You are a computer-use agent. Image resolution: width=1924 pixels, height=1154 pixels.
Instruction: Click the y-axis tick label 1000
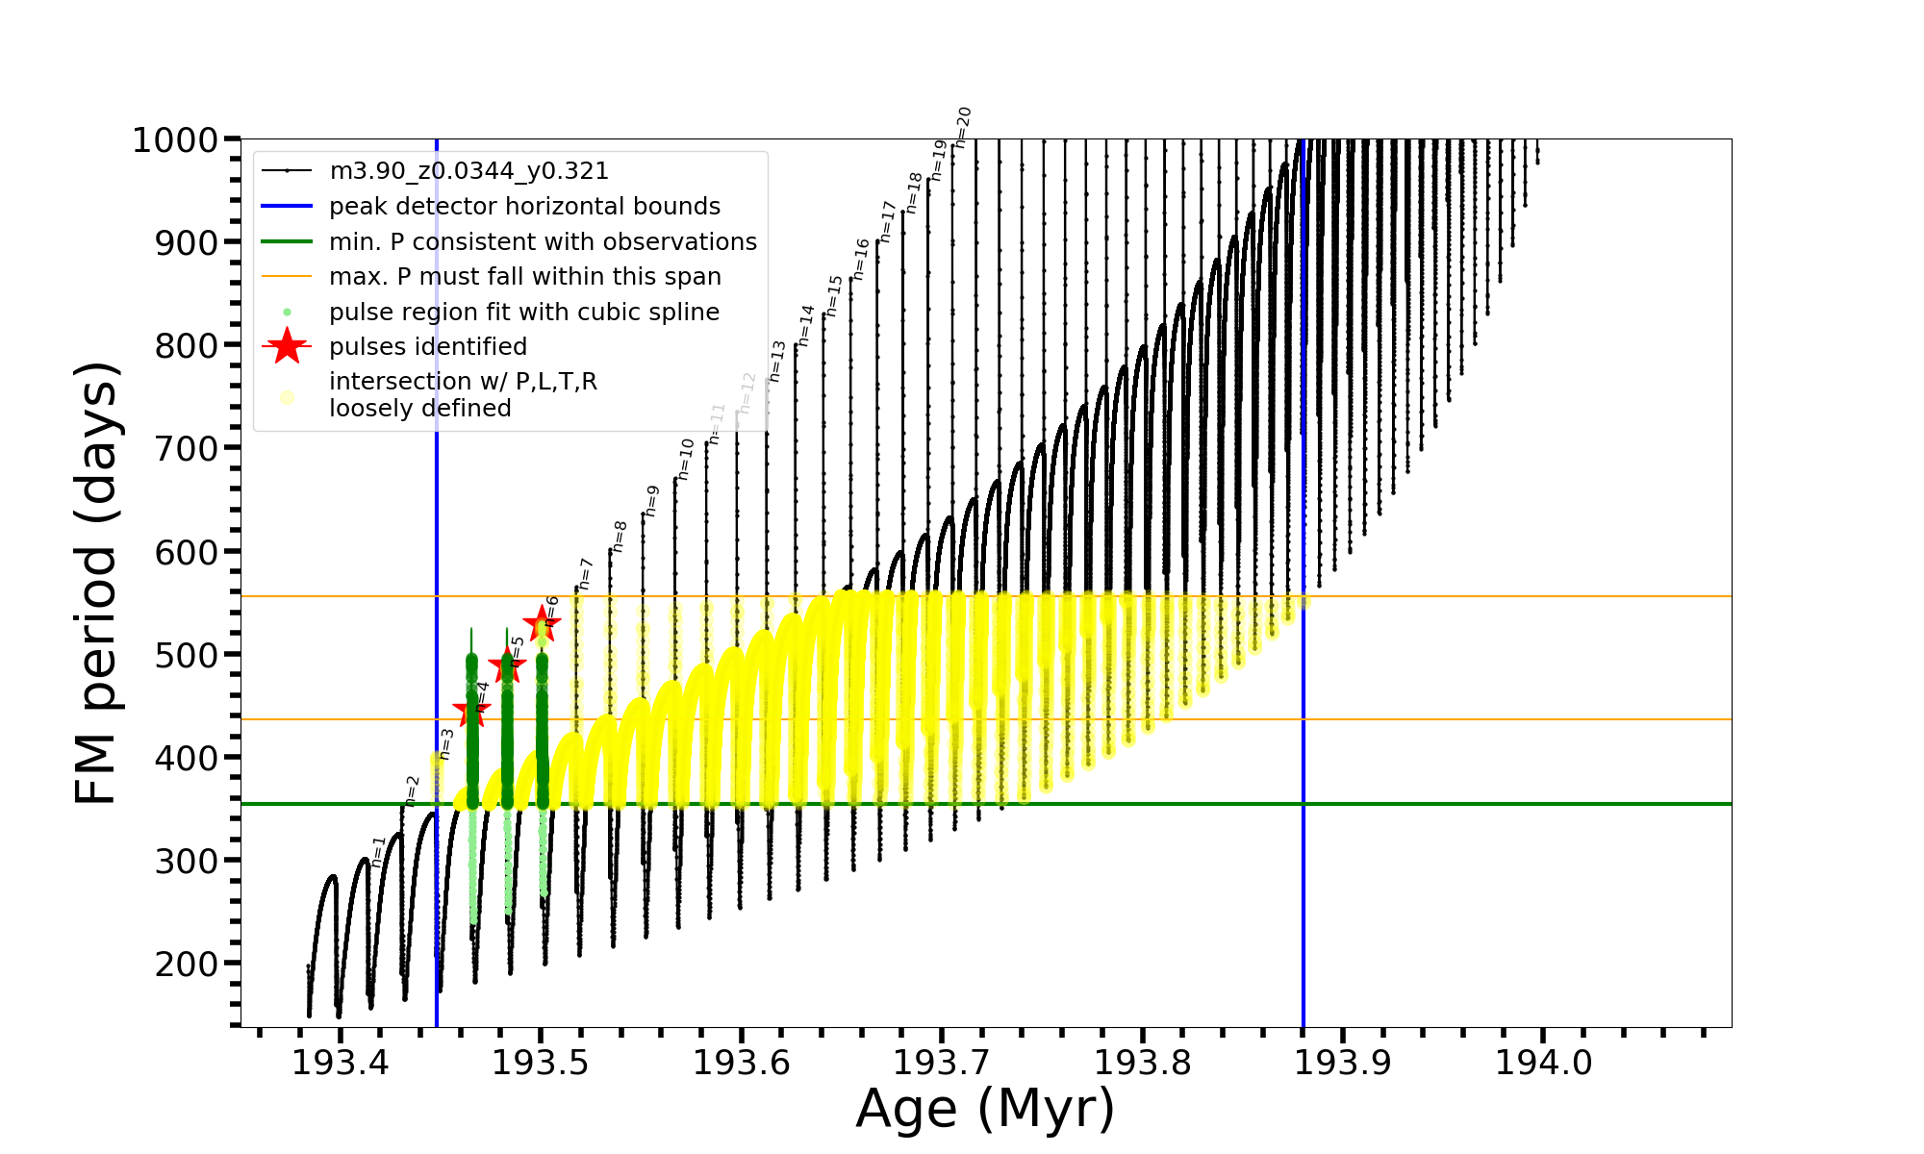tap(175, 140)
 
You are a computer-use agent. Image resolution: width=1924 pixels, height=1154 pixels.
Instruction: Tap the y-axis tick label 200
tap(189, 964)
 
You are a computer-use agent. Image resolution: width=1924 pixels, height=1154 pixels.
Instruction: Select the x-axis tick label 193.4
tap(340, 1063)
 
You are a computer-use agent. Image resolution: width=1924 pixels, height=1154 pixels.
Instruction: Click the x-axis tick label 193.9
tap(1343, 1063)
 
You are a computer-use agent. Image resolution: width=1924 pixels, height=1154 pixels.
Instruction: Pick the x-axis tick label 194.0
tap(1543, 1063)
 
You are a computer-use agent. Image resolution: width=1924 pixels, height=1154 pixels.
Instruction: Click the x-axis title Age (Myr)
tap(985, 1109)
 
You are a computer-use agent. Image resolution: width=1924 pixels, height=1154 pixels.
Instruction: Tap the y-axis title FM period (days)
tap(96, 583)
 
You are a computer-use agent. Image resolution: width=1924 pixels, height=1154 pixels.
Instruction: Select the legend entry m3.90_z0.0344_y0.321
tap(468, 171)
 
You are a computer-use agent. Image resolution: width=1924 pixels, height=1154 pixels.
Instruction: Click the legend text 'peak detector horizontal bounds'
tap(524, 207)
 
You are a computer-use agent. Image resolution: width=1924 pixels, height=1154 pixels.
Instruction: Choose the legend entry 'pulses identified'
tap(428, 347)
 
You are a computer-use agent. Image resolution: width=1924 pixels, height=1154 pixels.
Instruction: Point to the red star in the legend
tap(287, 346)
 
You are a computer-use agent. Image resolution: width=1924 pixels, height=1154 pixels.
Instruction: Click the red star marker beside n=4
tap(471, 712)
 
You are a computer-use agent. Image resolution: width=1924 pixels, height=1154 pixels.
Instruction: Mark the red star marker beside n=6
tap(542, 623)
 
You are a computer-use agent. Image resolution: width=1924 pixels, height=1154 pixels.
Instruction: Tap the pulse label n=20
tap(963, 127)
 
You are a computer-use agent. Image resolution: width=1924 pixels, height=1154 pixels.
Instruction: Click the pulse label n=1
tap(378, 851)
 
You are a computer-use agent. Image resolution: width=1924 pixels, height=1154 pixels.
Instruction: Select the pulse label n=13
tap(777, 362)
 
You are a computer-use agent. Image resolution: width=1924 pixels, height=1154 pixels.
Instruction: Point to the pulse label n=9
tap(651, 501)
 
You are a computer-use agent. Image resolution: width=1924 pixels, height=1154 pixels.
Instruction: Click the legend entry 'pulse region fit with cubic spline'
tap(524, 313)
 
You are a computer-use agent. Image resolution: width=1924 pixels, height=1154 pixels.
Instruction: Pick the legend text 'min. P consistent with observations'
tap(543, 242)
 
